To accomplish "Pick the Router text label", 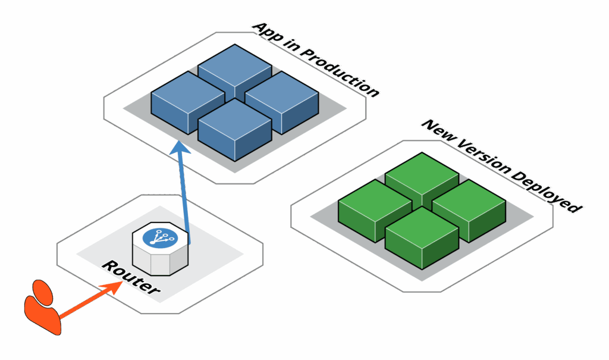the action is point(130,277).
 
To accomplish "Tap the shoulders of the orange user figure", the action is point(42,316).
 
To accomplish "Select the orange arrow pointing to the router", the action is point(91,300).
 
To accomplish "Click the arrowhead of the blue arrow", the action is point(180,148).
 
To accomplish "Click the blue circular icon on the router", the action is point(160,238).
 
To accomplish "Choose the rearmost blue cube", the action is point(235,72).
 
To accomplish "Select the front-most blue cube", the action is point(235,130).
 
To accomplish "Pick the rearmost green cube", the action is point(422,180).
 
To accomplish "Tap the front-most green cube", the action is point(422,238).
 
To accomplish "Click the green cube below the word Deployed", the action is point(469,211).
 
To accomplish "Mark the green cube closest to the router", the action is point(375,211).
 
